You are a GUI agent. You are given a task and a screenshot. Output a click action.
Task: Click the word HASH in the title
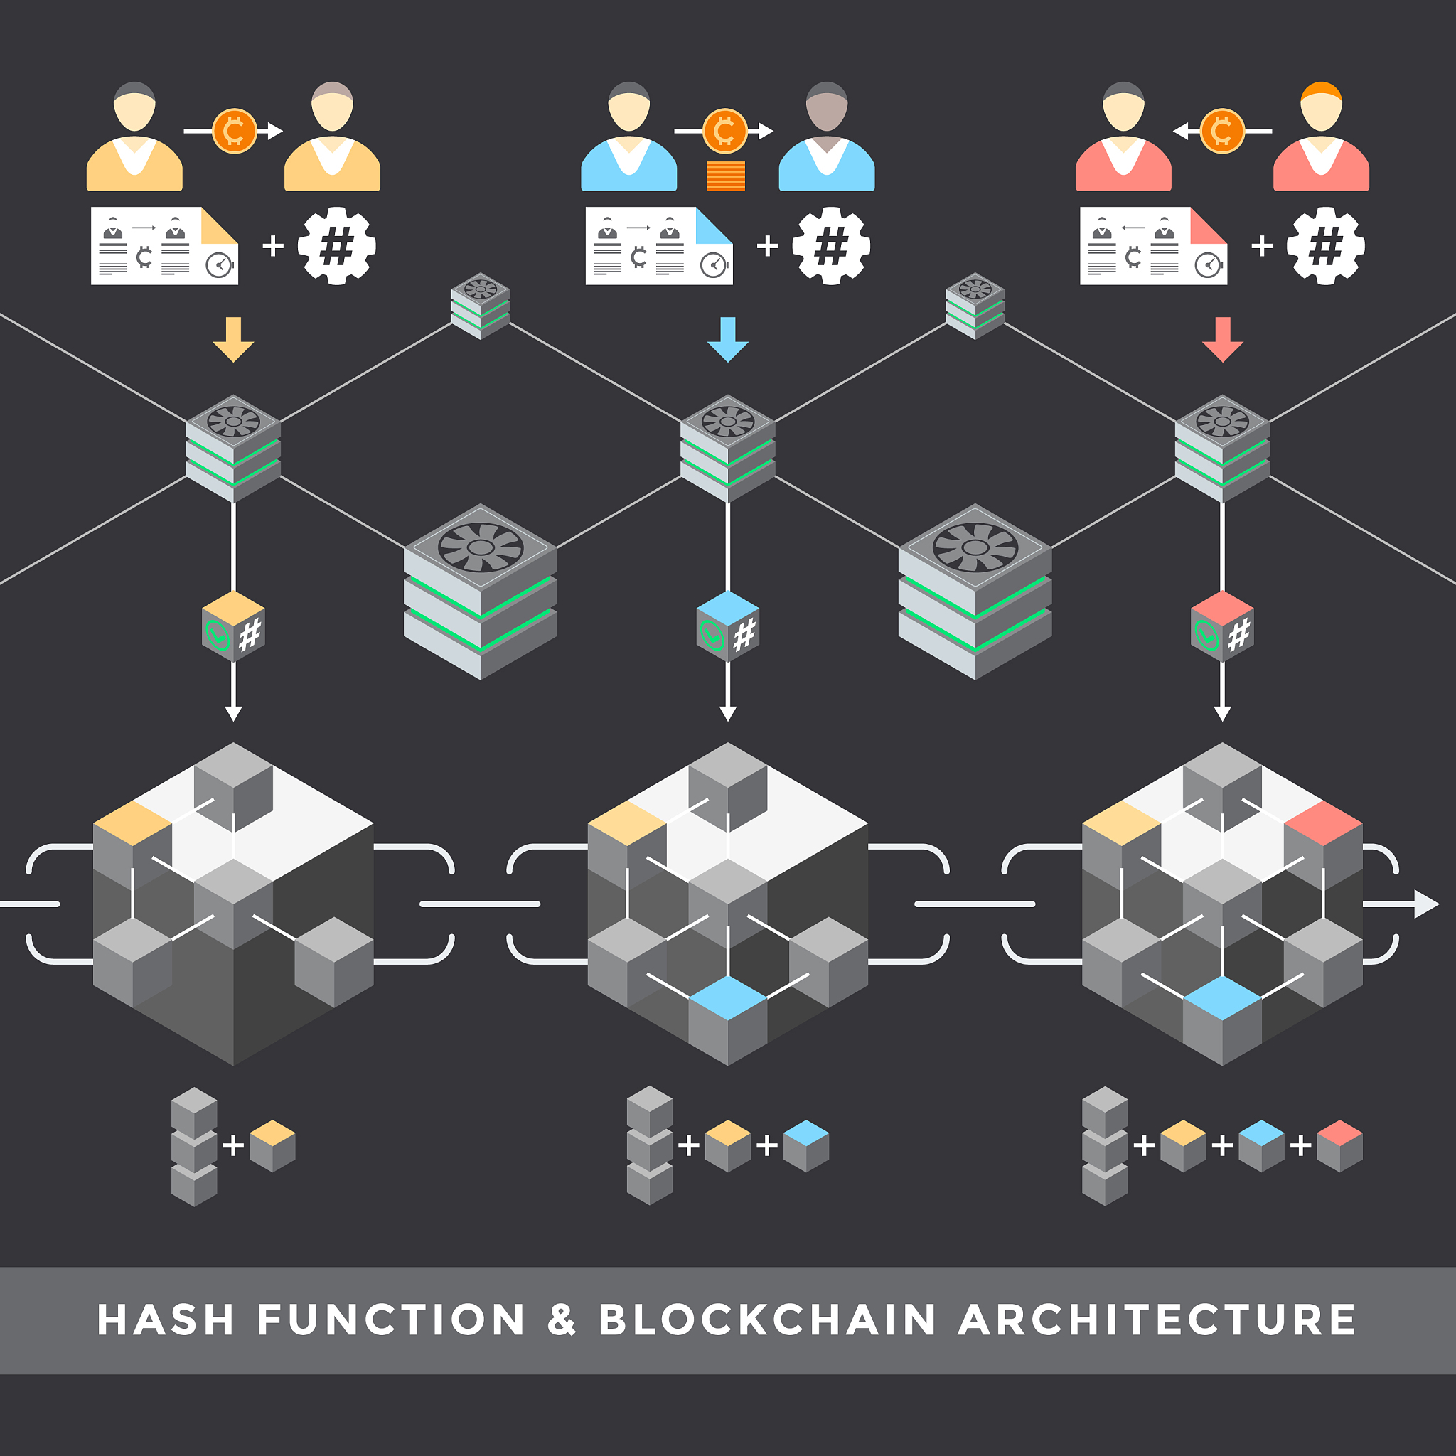[166, 1319]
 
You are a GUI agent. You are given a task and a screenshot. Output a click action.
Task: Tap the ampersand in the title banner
[562, 1319]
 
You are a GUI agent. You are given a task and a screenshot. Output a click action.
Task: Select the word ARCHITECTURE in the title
[1157, 1319]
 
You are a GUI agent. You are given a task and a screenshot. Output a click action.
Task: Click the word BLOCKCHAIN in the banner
[767, 1319]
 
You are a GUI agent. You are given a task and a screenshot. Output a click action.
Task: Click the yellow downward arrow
[234, 339]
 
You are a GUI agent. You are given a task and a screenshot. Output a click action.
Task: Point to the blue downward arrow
[728, 339]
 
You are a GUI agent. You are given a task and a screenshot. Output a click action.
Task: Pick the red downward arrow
[1222, 339]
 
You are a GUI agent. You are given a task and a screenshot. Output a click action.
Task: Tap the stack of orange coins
[726, 176]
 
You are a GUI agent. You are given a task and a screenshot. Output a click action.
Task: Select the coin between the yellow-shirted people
[235, 131]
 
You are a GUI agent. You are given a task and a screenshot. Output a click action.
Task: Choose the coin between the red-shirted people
[1221, 131]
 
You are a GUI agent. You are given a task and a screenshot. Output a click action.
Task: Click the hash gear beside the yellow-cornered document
[337, 246]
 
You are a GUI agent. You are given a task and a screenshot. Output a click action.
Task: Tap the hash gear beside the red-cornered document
[1326, 246]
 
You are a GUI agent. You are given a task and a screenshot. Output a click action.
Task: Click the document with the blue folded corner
[658, 246]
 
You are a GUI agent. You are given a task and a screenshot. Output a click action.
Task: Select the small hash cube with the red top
[1222, 626]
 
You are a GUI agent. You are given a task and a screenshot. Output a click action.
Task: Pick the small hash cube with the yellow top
[234, 626]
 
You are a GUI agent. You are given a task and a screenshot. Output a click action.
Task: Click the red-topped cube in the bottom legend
[1340, 1146]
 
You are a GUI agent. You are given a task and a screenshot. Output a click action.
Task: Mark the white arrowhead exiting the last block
[1426, 904]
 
